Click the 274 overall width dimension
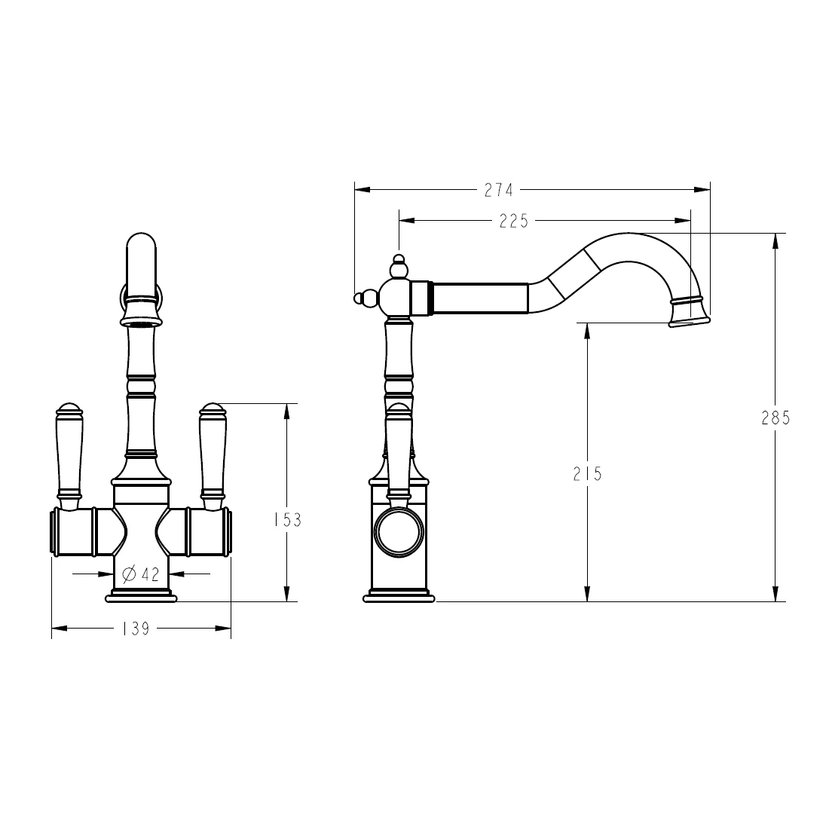(x=498, y=190)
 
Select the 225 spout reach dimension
(x=514, y=221)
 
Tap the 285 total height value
(x=775, y=418)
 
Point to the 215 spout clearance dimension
(x=588, y=473)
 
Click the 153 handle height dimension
(x=286, y=519)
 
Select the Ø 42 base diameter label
(x=141, y=574)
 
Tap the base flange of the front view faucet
(x=141, y=597)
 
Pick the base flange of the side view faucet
(x=399, y=598)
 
